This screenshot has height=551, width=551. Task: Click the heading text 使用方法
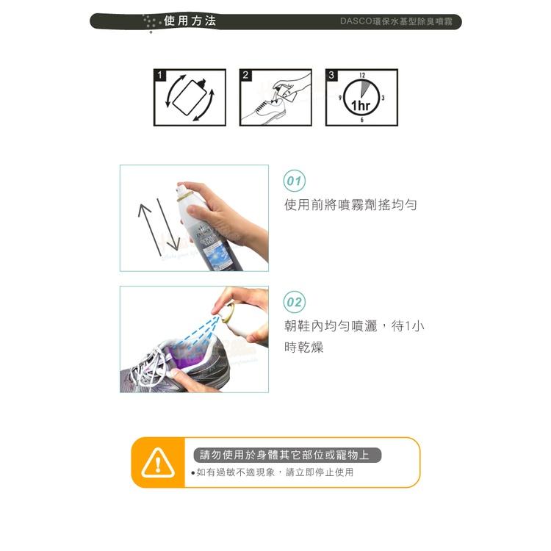pos(190,21)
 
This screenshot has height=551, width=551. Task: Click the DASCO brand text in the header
pos(400,22)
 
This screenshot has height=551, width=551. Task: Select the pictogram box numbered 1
pos(190,98)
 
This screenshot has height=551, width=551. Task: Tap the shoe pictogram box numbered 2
pos(275,98)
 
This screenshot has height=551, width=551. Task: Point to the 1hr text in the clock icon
pos(360,106)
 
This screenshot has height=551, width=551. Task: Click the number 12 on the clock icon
pos(362,76)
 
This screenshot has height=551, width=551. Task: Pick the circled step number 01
pos(295,181)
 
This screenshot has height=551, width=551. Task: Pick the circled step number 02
pos(295,302)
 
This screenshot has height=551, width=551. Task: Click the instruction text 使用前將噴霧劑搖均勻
pos(350,205)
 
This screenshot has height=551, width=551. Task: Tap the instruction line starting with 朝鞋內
pos(354,326)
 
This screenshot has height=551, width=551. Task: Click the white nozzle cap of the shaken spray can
pos(181,194)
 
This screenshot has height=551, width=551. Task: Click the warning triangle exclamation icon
pos(157,463)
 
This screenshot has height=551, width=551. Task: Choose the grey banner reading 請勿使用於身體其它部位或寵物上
pos(287,455)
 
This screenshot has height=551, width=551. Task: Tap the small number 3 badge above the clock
pos(332,75)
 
